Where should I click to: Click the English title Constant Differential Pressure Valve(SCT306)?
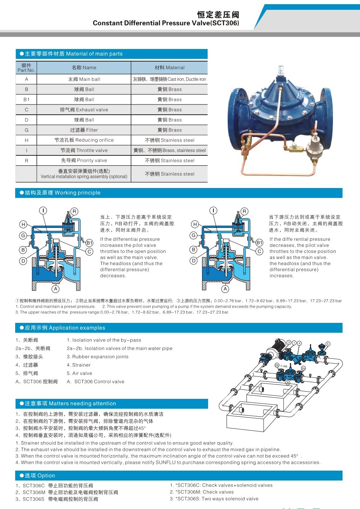(166, 23)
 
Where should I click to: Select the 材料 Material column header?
(169, 68)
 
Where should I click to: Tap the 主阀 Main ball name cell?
(84, 79)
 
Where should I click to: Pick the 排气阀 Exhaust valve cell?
(84, 110)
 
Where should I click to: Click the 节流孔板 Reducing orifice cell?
(84, 140)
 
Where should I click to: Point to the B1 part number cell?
(27, 100)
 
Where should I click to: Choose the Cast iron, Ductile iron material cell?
(169, 79)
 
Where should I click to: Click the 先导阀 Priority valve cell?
(84, 161)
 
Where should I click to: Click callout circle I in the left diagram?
(43, 211)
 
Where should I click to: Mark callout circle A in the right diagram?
(225, 289)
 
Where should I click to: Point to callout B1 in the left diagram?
(89, 243)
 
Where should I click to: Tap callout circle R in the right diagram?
(244, 211)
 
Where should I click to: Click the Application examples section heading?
(65, 328)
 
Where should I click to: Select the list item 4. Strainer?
(79, 365)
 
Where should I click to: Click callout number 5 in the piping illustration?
(328, 344)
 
